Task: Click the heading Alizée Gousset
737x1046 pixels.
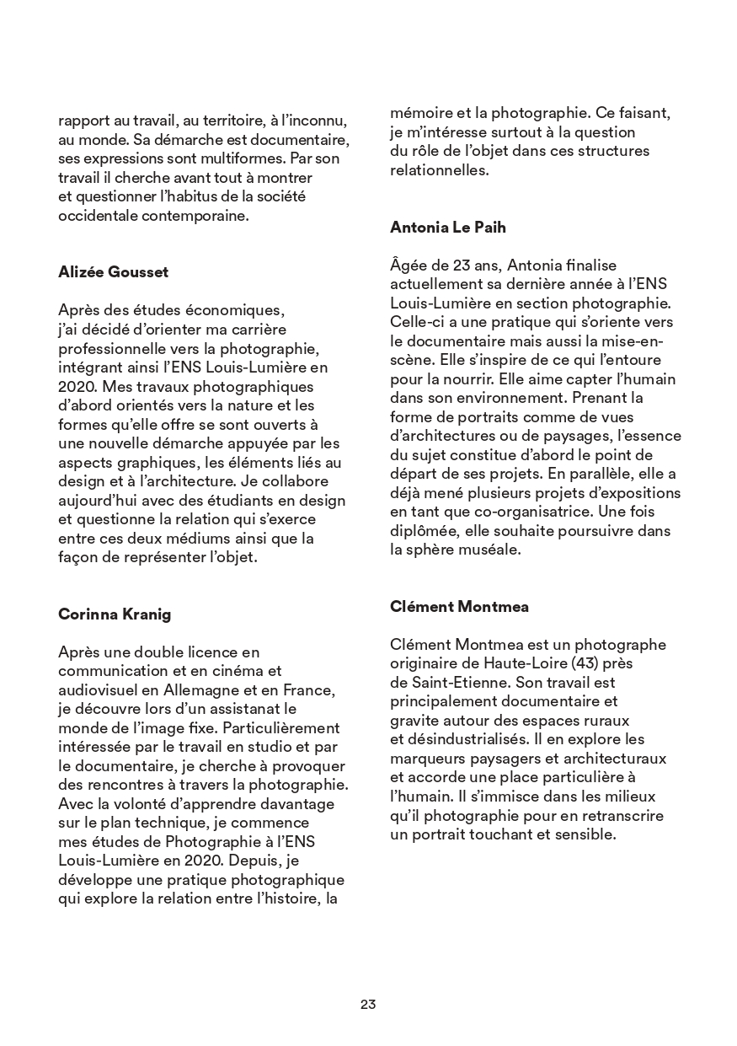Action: pos(113,271)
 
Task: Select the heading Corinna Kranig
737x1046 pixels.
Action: pos(115,614)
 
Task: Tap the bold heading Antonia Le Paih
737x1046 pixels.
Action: pos(448,227)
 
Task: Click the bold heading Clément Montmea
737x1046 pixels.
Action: pos(459,606)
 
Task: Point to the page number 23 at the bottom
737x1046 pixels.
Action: pos(368,1004)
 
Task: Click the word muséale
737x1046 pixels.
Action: pos(492,550)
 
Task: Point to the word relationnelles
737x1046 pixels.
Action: pos(439,169)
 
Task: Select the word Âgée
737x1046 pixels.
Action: pos(409,266)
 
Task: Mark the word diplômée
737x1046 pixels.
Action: pos(425,531)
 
